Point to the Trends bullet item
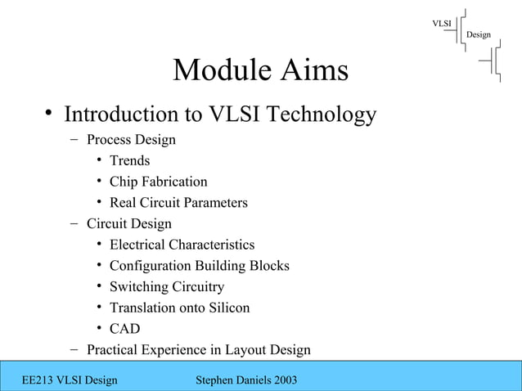click(130, 161)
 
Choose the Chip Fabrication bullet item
click(158, 182)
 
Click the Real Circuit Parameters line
click(178, 203)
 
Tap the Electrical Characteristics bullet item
click(182, 245)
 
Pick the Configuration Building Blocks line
click(199, 266)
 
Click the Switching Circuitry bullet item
click(166, 287)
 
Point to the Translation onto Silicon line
click(179, 308)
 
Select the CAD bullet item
click(124, 330)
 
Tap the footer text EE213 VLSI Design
click(70, 380)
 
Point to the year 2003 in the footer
click(281, 380)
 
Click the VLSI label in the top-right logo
click(442, 22)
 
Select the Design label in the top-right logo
click(479, 34)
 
